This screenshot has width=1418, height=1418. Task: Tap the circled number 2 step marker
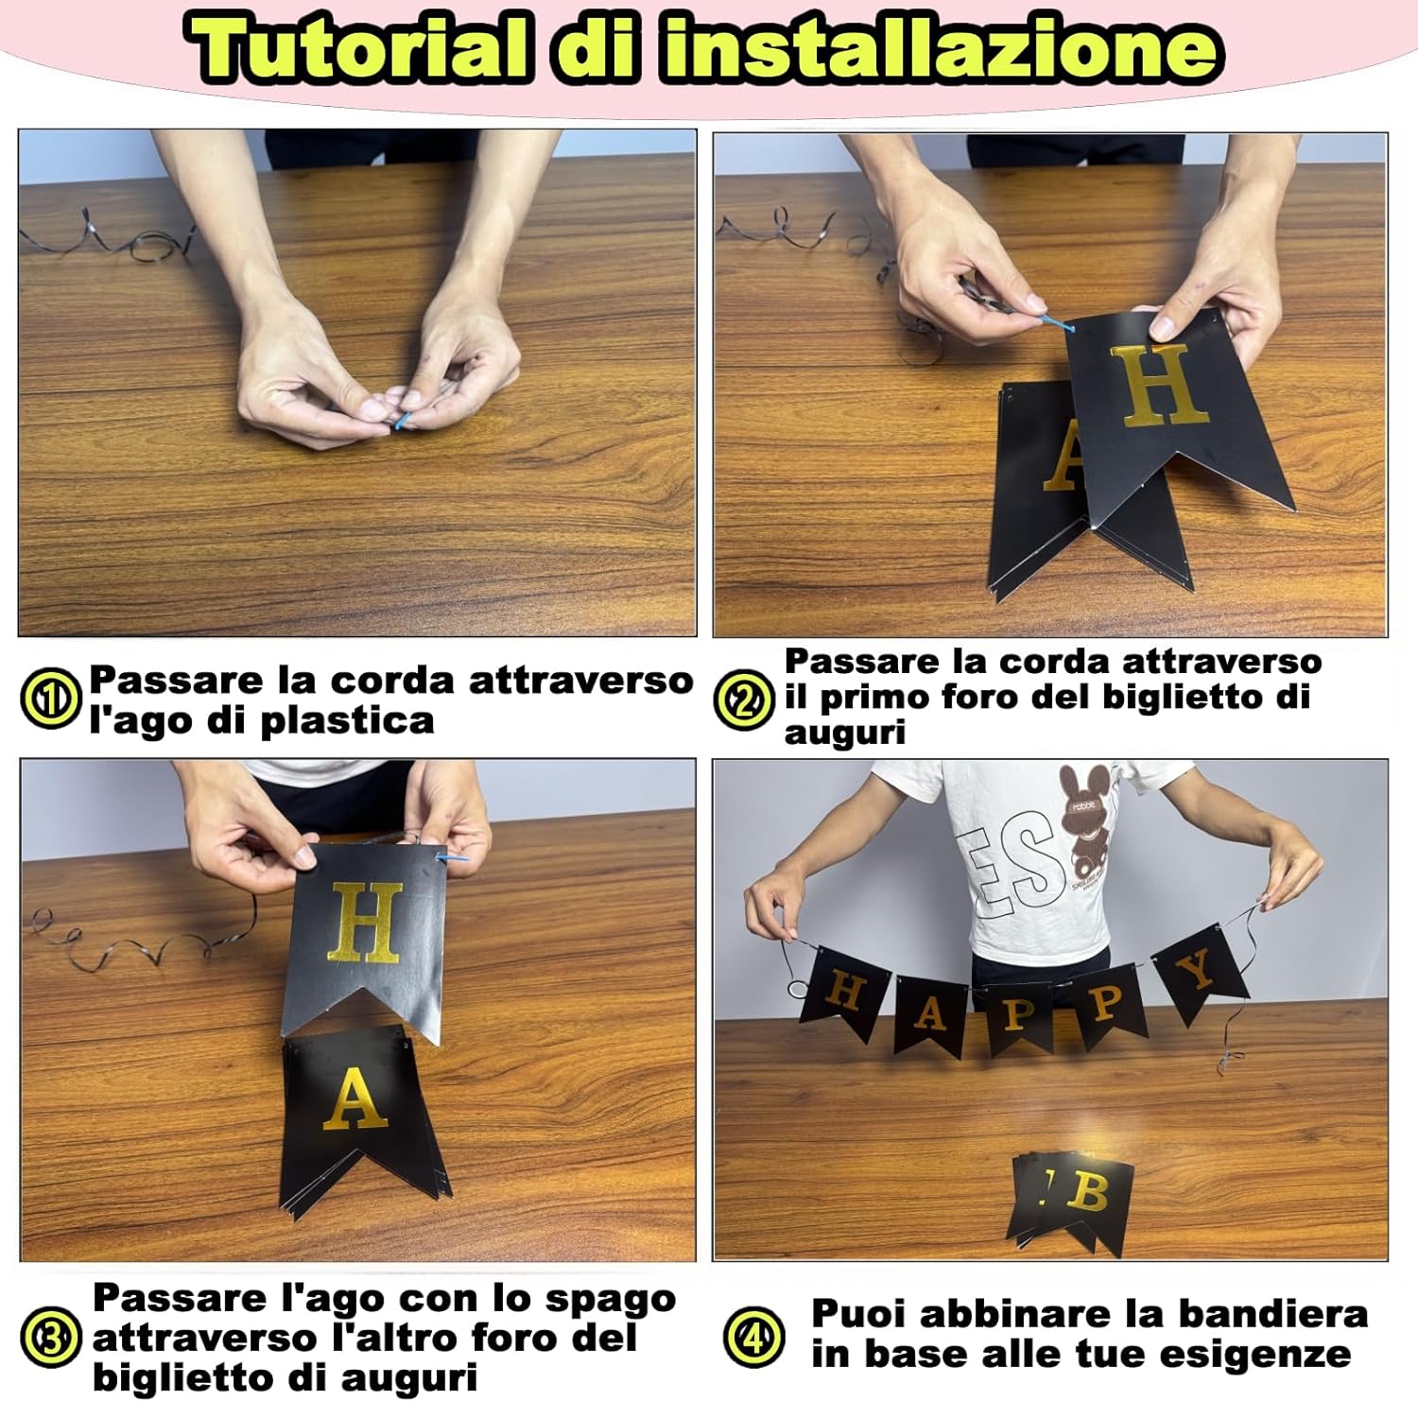(x=744, y=700)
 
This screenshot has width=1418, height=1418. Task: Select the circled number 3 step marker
(x=51, y=1337)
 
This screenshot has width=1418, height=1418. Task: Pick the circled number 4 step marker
(x=753, y=1337)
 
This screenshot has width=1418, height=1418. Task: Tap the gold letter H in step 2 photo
(x=1159, y=386)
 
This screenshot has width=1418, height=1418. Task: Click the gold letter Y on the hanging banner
(x=1198, y=970)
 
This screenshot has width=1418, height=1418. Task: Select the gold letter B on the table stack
(x=1091, y=1193)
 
